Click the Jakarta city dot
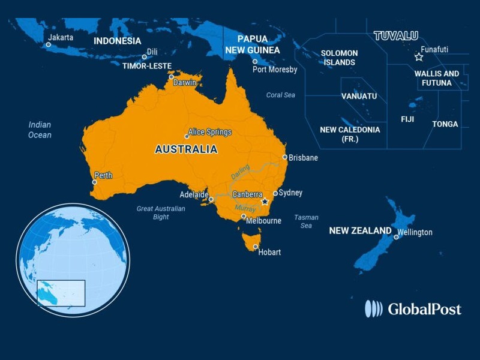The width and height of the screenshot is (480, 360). [x=49, y=44]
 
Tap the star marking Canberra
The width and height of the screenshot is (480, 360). [x=265, y=202]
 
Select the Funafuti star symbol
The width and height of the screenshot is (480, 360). [x=419, y=57]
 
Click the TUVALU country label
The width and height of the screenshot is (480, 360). [x=396, y=36]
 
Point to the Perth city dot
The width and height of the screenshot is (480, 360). [x=94, y=182]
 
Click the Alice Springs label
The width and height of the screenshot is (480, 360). [x=209, y=132]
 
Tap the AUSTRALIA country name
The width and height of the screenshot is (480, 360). [x=186, y=149]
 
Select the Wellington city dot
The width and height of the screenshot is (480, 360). [x=396, y=237]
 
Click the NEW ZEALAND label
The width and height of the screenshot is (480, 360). [x=360, y=230]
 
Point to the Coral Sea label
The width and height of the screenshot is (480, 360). [x=281, y=95]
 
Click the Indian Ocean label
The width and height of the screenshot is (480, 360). [x=40, y=130]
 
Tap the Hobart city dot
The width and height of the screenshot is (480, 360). [x=256, y=247]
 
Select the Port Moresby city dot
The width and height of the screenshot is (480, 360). [x=255, y=61]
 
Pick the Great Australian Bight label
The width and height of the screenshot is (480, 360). [x=161, y=212]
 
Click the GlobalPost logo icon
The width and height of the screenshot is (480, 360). [x=373, y=308]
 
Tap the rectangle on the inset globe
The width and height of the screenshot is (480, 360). [x=61, y=293]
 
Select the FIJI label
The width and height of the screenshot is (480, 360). [x=407, y=119]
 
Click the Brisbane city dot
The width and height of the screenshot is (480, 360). [x=285, y=157]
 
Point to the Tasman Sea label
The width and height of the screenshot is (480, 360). [x=306, y=221]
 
